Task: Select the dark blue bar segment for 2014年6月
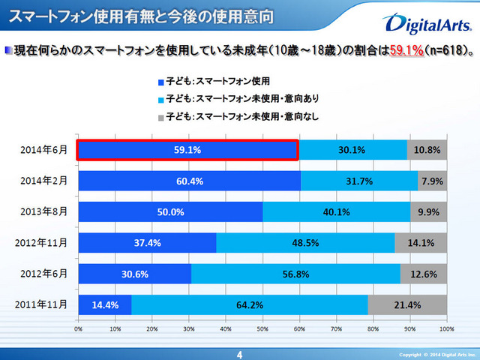(188, 150)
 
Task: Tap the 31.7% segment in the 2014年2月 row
(358, 181)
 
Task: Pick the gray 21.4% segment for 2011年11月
(407, 304)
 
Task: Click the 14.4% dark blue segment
(105, 304)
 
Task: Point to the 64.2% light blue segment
(250, 304)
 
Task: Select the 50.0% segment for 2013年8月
(170, 211)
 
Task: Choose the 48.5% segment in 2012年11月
(305, 243)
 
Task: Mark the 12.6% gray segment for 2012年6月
(424, 274)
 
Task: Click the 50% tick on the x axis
(262, 328)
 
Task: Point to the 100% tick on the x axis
(446, 328)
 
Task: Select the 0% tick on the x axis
(79, 328)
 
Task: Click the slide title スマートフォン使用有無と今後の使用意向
(139, 15)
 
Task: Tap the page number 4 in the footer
(239, 353)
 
